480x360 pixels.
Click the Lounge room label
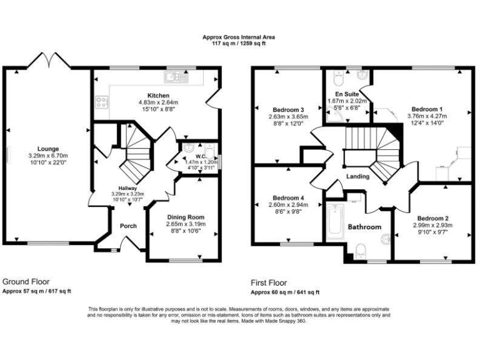47,149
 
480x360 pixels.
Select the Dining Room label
186,217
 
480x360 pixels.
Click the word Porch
128,226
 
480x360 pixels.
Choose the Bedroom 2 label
433,219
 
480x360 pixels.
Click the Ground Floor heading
26,282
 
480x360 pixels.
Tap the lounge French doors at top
47,61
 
